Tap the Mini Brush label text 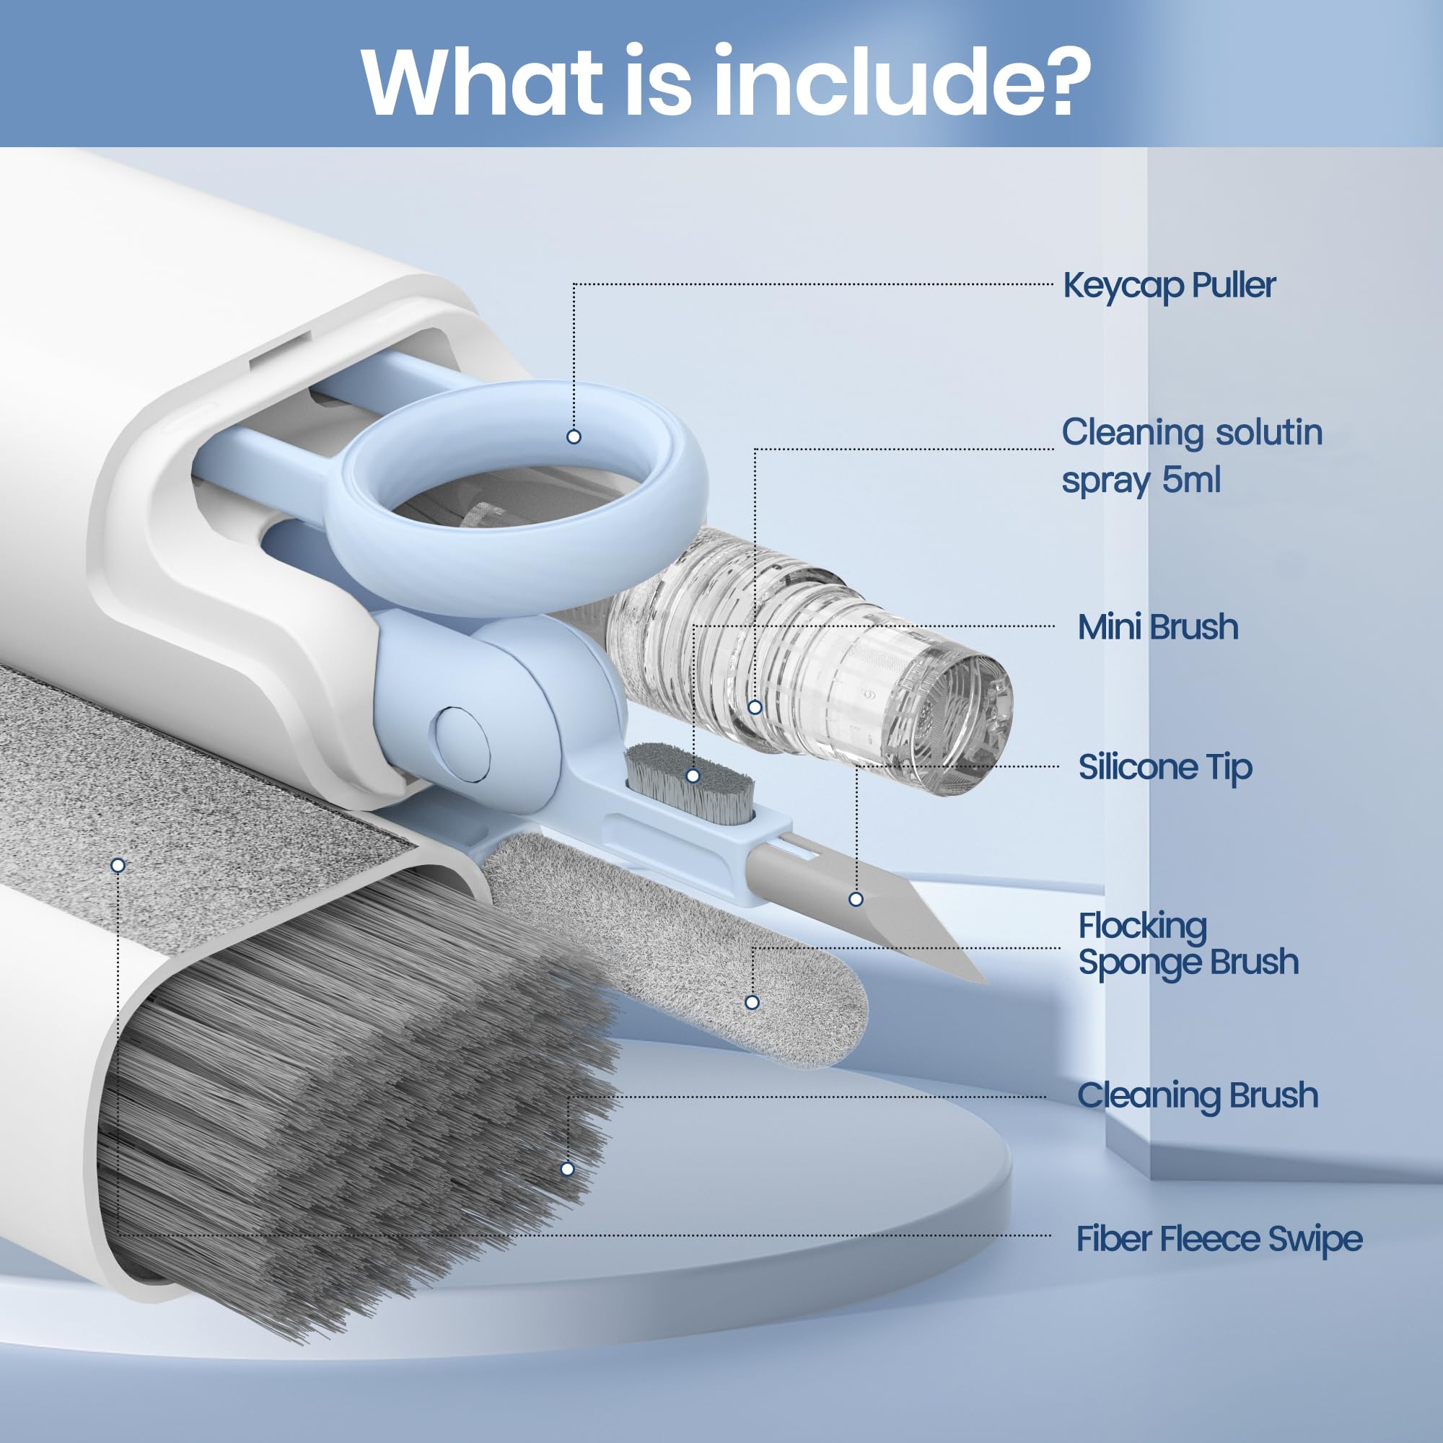pyautogui.click(x=1158, y=627)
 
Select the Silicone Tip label pyautogui.click(x=1165, y=767)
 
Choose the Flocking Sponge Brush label pyautogui.click(x=1188, y=944)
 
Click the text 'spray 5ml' pyautogui.click(x=1141, y=481)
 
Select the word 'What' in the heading pyautogui.click(x=482, y=81)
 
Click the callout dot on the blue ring pyautogui.click(x=574, y=437)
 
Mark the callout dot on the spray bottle pyautogui.click(x=755, y=706)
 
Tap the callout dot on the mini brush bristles pyautogui.click(x=693, y=776)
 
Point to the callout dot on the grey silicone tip pyautogui.click(x=856, y=899)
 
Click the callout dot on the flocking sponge pyautogui.click(x=752, y=1002)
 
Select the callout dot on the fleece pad pyautogui.click(x=118, y=865)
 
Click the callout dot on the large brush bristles pyautogui.click(x=568, y=1169)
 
